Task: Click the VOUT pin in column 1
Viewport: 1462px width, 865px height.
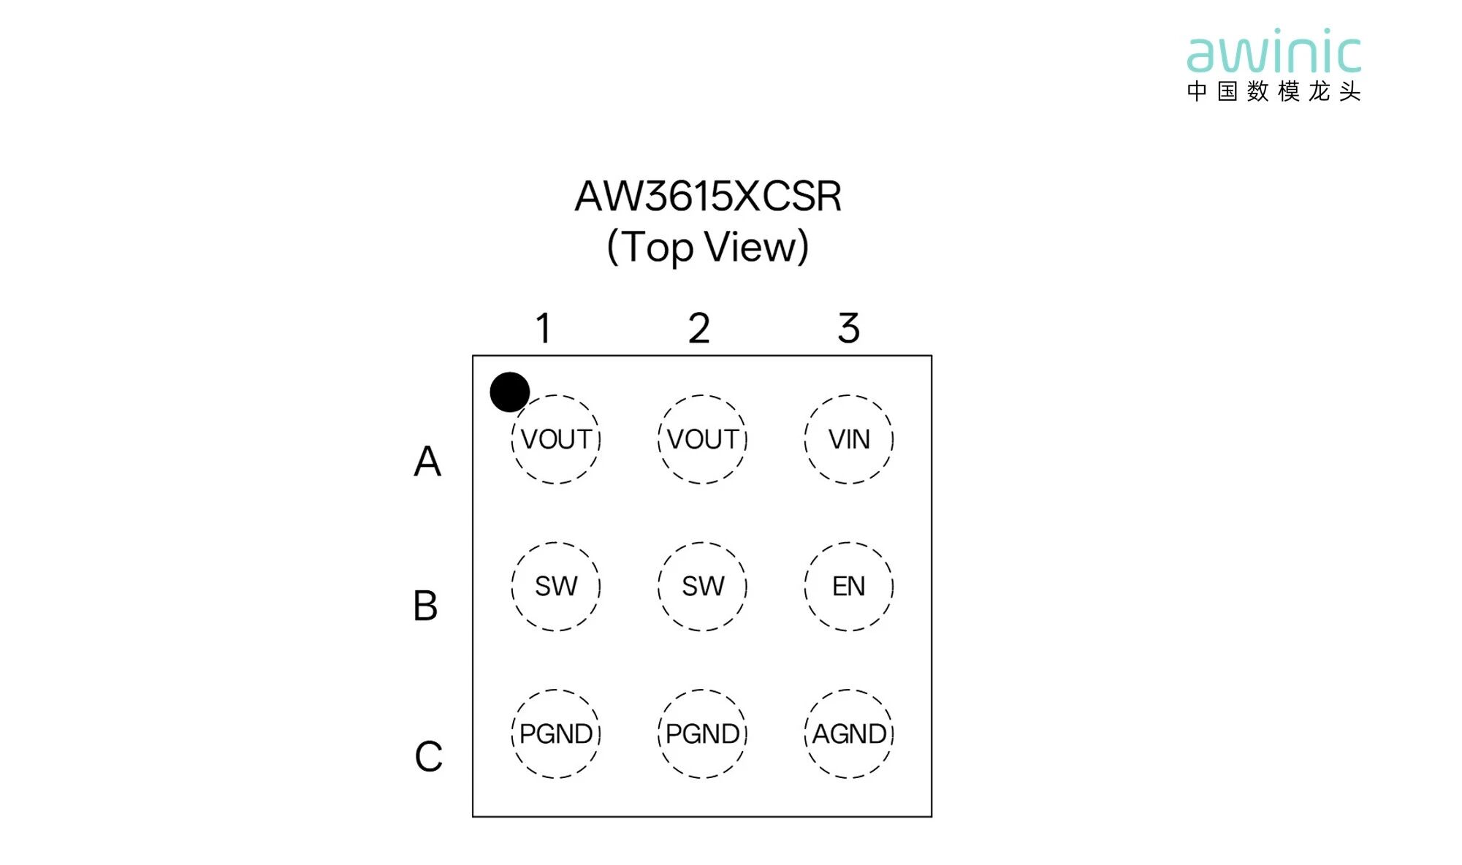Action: (555, 439)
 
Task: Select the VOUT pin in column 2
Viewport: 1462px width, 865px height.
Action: (702, 439)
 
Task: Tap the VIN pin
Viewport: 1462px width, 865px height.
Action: (849, 439)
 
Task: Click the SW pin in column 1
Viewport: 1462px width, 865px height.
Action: (555, 586)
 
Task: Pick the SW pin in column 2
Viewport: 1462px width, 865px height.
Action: (702, 586)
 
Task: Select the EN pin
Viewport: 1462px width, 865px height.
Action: (849, 586)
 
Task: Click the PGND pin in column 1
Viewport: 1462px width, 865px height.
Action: (555, 733)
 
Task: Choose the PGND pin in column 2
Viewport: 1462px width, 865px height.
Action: (702, 733)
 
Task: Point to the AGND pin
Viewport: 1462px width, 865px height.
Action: (849, 733)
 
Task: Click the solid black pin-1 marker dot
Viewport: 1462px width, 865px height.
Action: (509, 392)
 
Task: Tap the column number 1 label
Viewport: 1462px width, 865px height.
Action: (543, 328)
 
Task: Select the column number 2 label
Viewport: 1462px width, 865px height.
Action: (699, 328)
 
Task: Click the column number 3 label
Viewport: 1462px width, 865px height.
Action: (849, 328)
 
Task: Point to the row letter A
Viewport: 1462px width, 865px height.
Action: (427, 461)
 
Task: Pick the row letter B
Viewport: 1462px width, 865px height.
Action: (425, 606)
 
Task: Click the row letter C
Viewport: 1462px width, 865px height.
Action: (429, 756)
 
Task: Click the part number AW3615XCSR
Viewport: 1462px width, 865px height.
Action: (708, 196)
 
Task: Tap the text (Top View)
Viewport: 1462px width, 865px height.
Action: (708, 247)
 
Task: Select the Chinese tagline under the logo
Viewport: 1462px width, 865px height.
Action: (1274, 91)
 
